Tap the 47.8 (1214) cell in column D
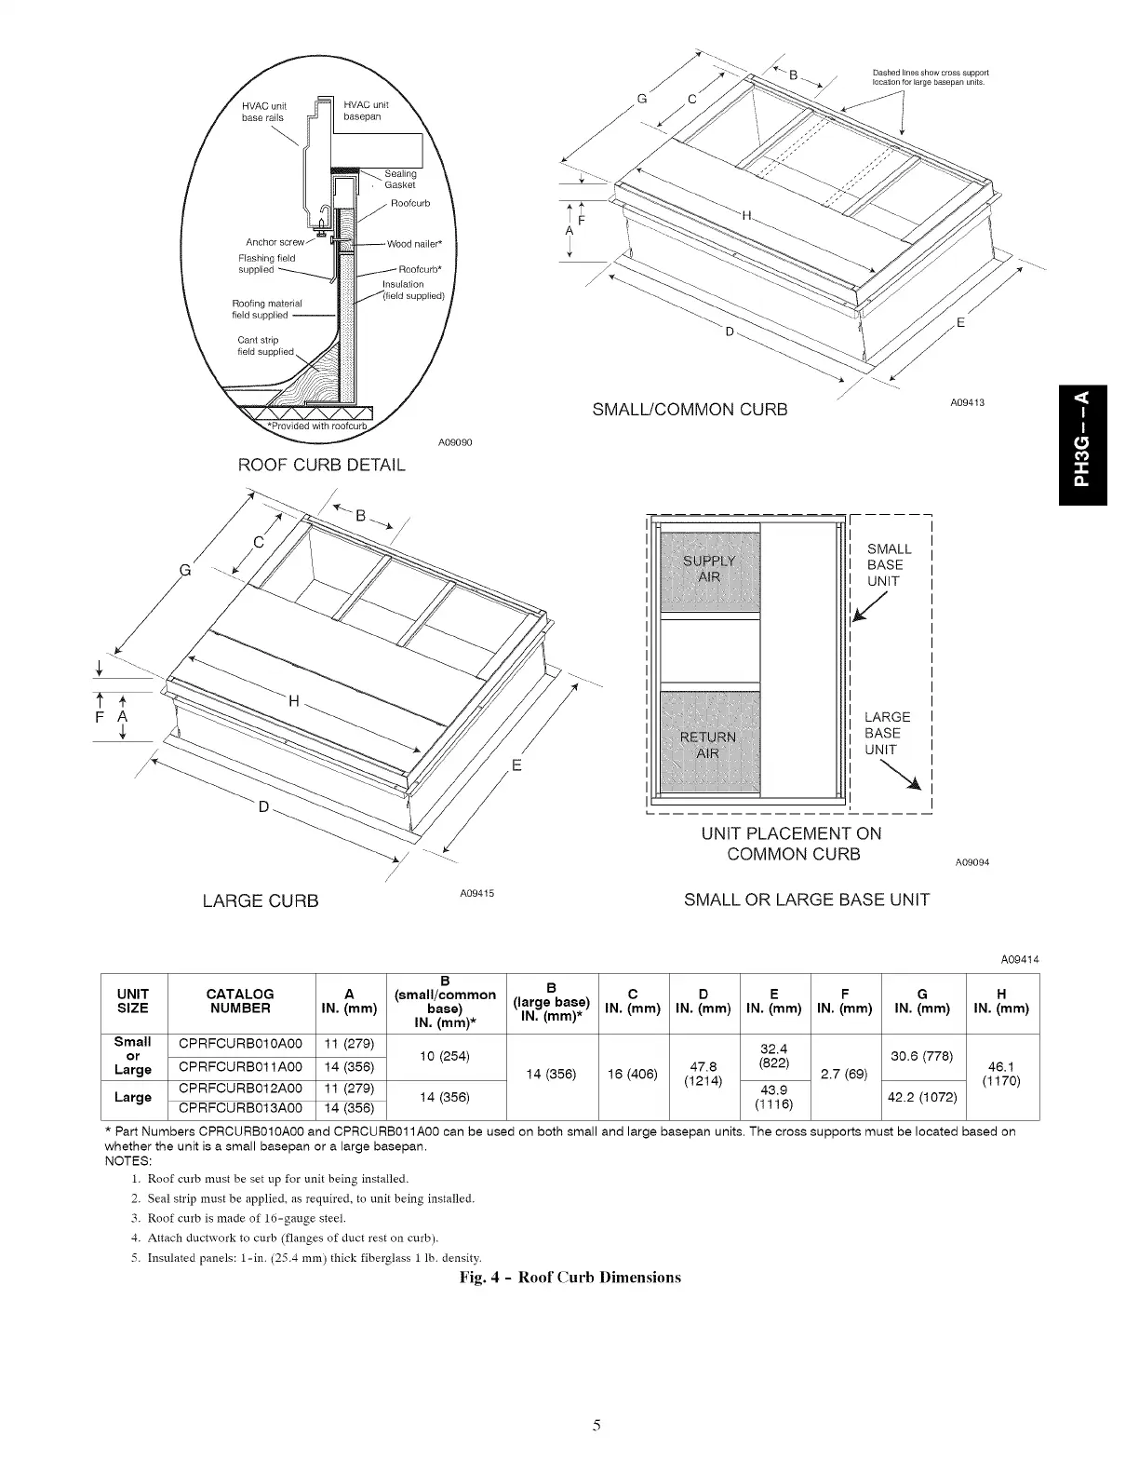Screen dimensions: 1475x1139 tap(704, 1075)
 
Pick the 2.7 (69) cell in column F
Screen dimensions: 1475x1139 tap(844, 1075)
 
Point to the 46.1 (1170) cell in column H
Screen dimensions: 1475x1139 tap(1001, 1075)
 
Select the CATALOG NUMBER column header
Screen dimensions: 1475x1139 tap(240, 1001)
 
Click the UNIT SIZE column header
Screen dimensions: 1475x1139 tap(132, 1001)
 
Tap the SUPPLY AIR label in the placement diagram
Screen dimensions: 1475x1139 tap(709, 568)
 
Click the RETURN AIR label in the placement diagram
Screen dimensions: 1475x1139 tap(708, 746)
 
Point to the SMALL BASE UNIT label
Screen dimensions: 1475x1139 tap(889, 565)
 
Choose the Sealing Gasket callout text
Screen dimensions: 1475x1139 tap(400, 179)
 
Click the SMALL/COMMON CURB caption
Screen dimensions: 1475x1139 tap(690, 410)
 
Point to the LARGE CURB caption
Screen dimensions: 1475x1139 tap(261, 901)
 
